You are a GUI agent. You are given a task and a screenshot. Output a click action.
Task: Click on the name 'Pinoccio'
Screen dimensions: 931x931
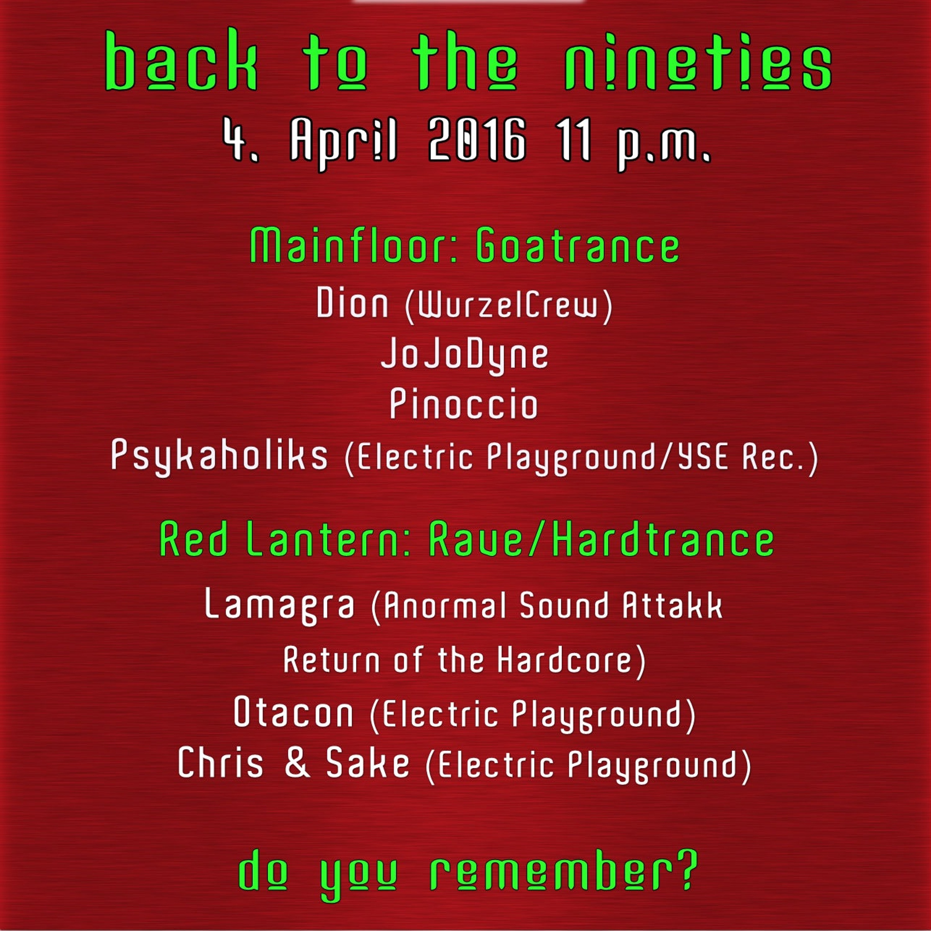click(464, 404)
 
